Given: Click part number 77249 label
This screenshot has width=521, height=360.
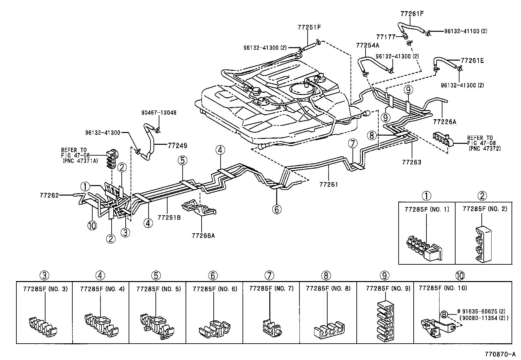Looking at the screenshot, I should click(177, 145).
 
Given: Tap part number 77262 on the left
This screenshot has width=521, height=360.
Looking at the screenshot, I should click(49, 195).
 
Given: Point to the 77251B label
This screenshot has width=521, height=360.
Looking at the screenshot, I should click(169, 217).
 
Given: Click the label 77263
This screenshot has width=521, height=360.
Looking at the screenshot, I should click(411, 162).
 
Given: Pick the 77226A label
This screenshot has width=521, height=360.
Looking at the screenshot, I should click(444, 122).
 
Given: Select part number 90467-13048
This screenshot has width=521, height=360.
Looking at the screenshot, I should click(159, 113).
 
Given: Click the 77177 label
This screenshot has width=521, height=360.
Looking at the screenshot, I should click(386, 37).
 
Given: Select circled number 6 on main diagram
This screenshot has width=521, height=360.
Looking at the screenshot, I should click(277, 209).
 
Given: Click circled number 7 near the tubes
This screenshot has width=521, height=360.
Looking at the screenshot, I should click(352, 143).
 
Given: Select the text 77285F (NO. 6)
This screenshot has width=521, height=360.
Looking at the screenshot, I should click(215, 289).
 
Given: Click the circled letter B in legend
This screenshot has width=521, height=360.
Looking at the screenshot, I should click(444, 314).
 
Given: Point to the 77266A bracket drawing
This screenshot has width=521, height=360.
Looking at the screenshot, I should click(199, 209).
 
